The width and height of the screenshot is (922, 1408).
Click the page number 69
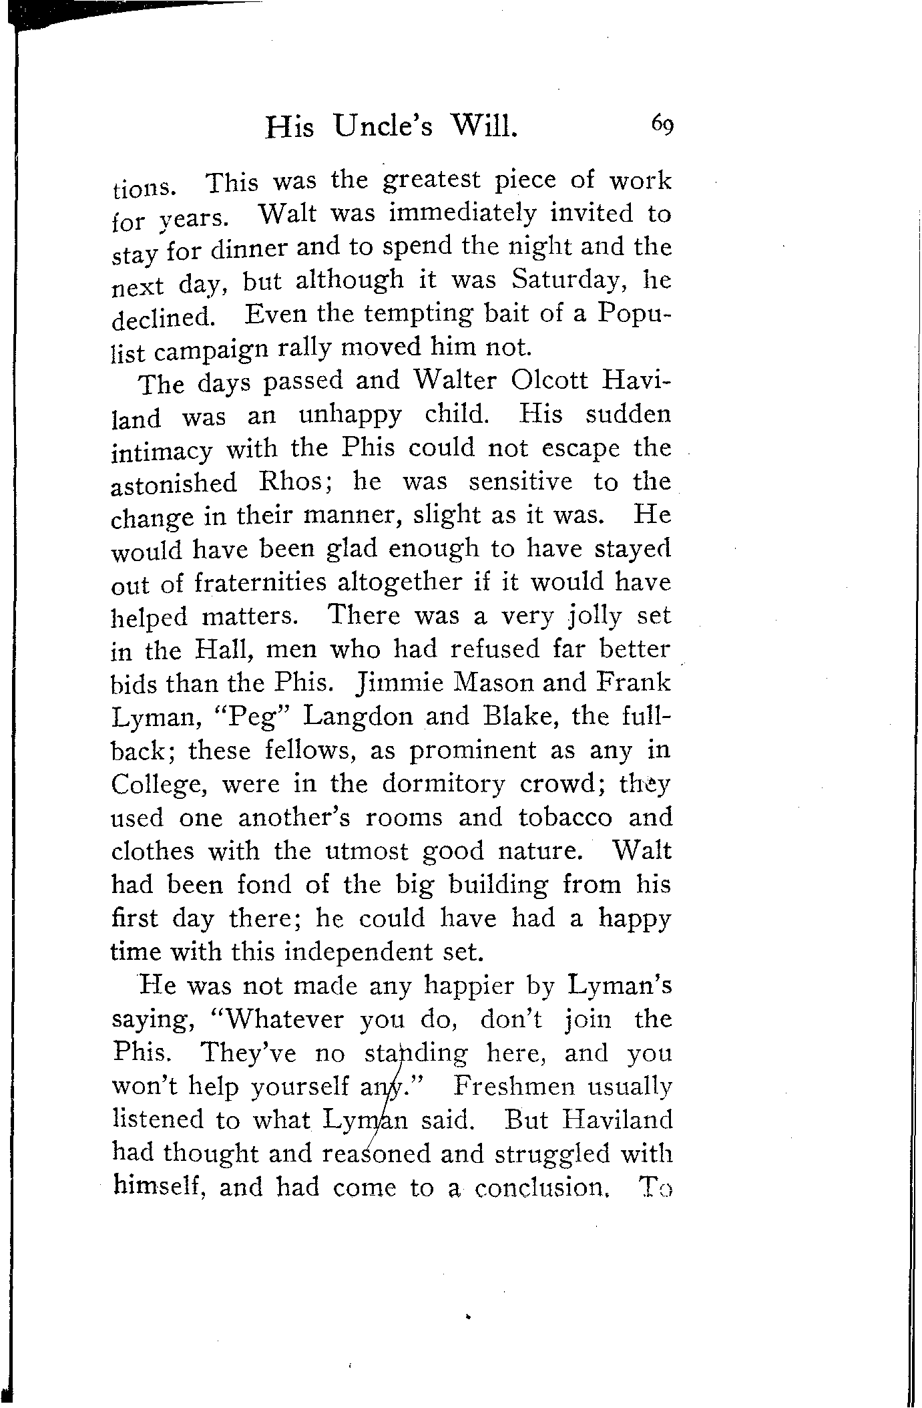pyautogui.click(x=662, y=124)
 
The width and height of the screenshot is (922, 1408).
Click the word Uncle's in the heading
pyautogui.click(x=384, y=126)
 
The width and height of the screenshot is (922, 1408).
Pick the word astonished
pyautogui.click(x=174, y=482)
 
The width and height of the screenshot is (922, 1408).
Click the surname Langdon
pyautogui.click(x=359, y=717)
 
